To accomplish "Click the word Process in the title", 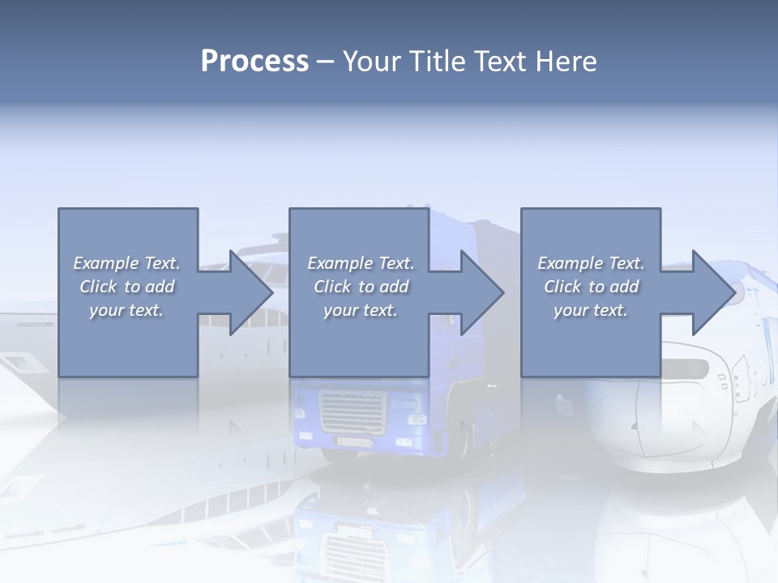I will (254, 62).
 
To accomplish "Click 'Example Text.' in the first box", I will (126, 263).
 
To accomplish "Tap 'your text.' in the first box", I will (126, 310).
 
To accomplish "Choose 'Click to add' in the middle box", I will (361, 287).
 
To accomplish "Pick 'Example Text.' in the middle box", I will (361, 263).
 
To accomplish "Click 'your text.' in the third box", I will (591, 310).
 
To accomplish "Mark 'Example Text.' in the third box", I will (591, 263).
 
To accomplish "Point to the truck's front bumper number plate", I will (354, 442).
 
